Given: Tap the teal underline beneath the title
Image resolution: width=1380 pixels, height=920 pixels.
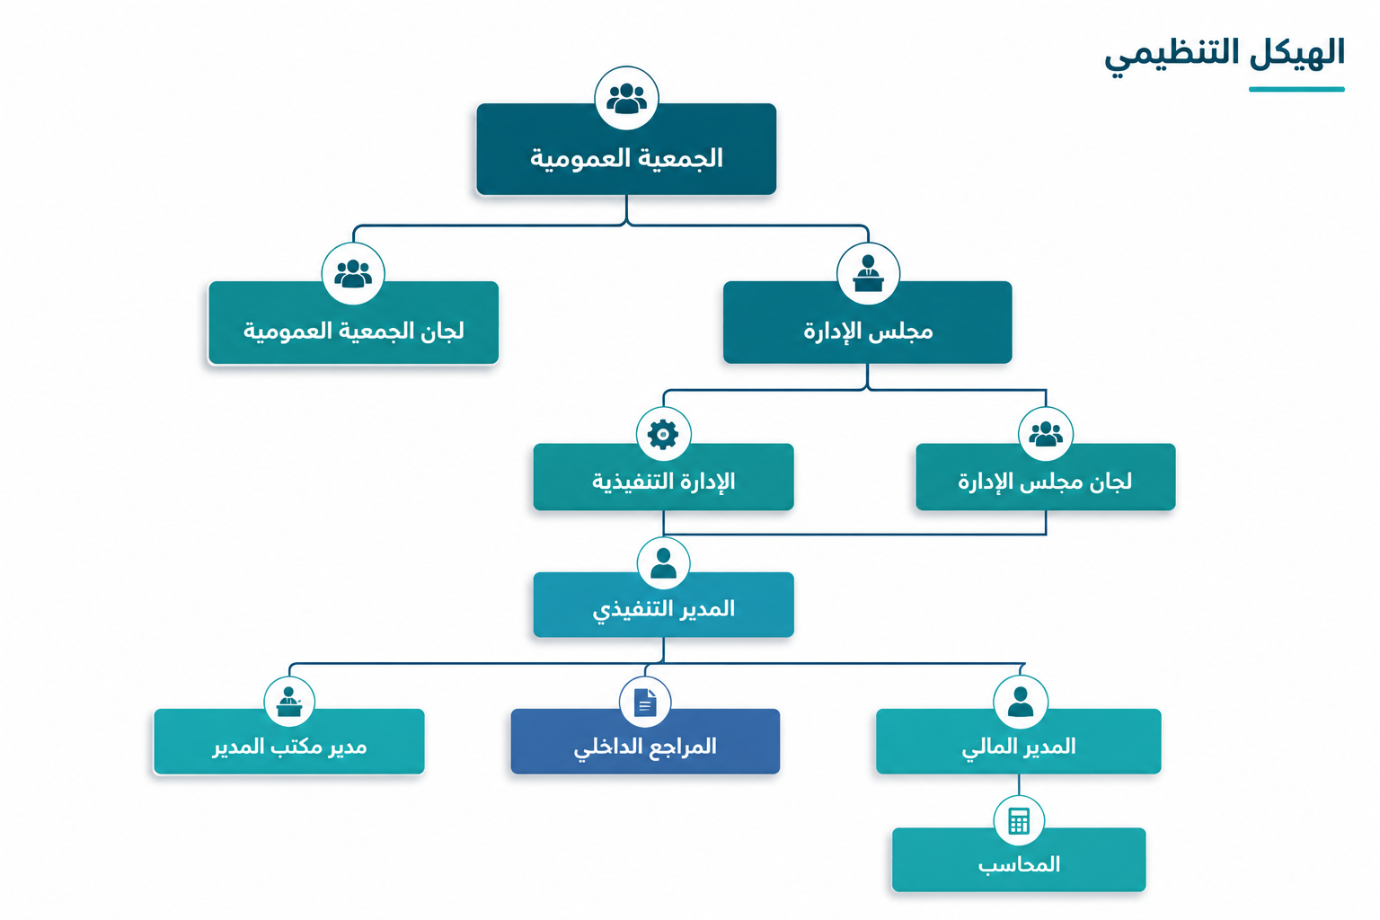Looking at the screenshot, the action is pyautogui.click(x=1296, y=89).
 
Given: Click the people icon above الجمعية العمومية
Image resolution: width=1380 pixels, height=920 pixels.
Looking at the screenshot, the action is pyautogui.click(x=626, y=99).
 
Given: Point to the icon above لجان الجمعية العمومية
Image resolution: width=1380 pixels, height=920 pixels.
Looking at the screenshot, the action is pyautogui.click(x=353, y=274).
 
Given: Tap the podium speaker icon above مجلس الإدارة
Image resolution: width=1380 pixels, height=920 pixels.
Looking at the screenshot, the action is pyautogui.click(x=868, y=274).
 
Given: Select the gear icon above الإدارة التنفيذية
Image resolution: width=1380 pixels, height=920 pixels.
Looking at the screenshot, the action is pyautogui.click(x=663, y=434).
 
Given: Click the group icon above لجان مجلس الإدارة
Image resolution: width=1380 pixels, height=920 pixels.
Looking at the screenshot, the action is pyautogui.click(x=1046, y=434).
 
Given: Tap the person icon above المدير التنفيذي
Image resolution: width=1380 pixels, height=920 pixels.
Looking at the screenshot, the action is pyautogui.click(x=664, y=563).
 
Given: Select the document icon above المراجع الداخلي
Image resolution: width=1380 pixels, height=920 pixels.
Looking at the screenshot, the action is pyautogui.click(x=645, y=702).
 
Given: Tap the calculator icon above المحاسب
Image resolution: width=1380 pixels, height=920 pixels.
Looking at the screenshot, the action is pyautogui.click(x=1019, y=821).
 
